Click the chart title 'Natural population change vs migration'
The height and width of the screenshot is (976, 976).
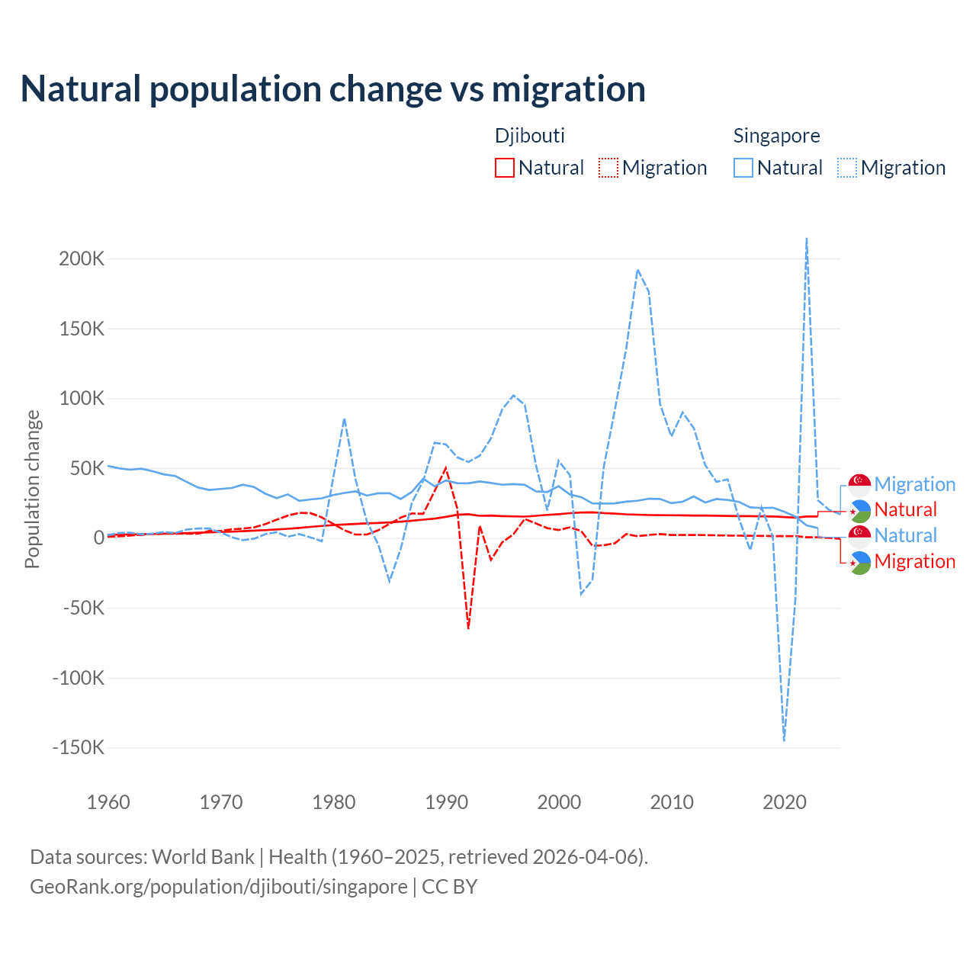(x=333, y=88)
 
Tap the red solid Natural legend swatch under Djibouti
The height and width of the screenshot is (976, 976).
(x=504, y=168)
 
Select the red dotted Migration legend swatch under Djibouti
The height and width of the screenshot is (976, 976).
(x=608, y=168)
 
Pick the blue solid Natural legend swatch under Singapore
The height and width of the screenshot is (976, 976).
(x=743, y=168)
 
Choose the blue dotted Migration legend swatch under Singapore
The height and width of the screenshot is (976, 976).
(x=847, y=168)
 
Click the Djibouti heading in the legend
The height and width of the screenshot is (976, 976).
(x=530, y=136)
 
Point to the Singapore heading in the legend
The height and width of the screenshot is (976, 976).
(x=776, y=136)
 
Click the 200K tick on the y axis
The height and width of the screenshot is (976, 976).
(x=82, y=258)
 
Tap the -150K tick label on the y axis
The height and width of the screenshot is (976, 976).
(x=79, y=747)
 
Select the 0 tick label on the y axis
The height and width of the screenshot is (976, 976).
(x=98, y=538)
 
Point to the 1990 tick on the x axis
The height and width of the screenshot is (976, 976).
(x=446, y=802)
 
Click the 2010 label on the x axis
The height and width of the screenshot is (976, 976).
(x=672, y=802)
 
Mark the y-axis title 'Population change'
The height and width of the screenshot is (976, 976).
(x=32, y=489)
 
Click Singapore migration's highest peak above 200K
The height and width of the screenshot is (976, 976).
(x=807, y=239)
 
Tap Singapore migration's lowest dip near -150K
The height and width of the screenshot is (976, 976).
(x=784, y=740)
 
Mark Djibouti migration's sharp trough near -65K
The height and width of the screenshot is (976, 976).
(x=468, y=628)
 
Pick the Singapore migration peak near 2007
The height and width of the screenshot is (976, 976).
(x=637, y=270)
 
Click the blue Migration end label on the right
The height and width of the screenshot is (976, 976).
(x=914, y=484)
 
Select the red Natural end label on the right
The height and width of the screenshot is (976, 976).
(x=905, y=509)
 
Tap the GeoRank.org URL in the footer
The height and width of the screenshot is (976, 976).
(x=219, y=887)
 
